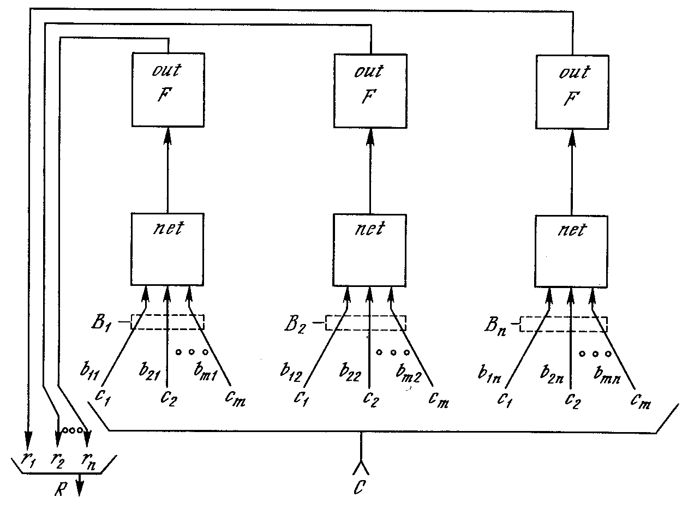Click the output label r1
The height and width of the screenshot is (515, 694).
coord(27,459)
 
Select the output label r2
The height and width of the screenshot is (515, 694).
coord(57,459)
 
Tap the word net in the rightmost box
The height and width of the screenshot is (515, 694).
coord(571,229)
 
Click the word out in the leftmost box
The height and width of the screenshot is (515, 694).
coord(167,71)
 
